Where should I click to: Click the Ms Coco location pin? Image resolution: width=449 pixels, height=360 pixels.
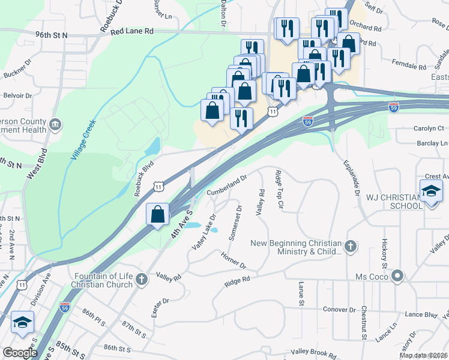pos(396,276)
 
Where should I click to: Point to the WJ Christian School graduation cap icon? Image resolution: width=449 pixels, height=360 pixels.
pos(430,191)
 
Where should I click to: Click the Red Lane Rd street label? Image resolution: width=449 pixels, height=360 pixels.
pos(132,30)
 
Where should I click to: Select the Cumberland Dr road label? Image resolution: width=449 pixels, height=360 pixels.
pos(227,185)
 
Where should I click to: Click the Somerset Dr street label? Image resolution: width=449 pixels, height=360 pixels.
pos(235,223)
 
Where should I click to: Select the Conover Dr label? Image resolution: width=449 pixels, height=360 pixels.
pos(339,310)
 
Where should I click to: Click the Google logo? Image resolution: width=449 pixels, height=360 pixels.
pos(20,353)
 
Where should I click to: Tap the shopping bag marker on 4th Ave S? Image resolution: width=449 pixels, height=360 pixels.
pos(157,215)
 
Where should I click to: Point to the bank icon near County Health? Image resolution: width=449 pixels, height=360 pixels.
pos(55,124)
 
